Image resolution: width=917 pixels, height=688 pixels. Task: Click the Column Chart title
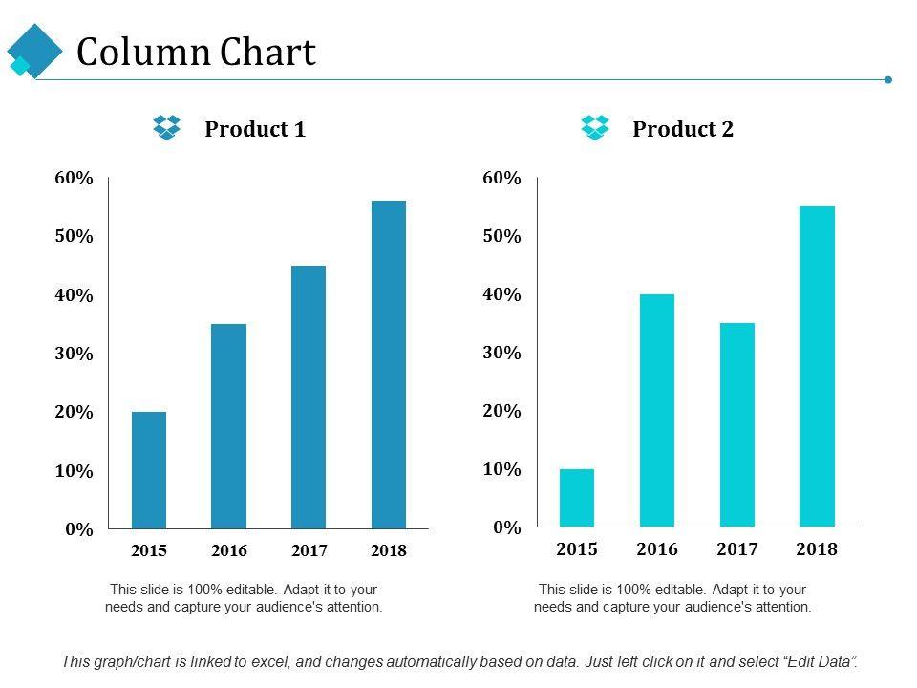click(196, 53)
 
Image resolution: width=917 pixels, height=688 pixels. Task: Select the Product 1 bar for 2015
click(149, 469)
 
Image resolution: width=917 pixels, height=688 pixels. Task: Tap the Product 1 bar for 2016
click(228, 425)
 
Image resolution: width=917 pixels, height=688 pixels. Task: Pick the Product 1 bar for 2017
click(309, 397)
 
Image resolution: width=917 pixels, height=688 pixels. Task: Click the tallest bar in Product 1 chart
click(388, 364)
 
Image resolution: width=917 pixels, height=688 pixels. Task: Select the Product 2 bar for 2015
click(577, 497)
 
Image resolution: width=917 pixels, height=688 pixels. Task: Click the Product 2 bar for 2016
click(657, 410)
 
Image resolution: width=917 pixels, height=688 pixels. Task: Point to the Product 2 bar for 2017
click(737, 424)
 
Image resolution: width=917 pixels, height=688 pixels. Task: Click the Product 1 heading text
click(255, 129)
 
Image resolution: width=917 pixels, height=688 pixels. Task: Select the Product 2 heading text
click(683, 129)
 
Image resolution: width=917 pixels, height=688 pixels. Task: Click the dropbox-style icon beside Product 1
click(167, 127)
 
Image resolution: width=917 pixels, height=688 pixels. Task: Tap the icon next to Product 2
click(595, 127)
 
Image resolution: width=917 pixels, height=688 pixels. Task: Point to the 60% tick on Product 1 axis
click(74, 178)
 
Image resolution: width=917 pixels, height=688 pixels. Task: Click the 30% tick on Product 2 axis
click(501, 353)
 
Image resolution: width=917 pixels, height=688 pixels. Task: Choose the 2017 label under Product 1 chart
click(309, 550)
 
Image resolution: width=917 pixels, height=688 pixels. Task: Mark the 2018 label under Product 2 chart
click(817, 549)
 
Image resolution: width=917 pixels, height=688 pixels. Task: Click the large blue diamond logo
click(34, 49)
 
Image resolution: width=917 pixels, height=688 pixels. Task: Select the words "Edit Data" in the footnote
click(820, 661)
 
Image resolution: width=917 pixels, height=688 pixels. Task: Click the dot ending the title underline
click(888, 79)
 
